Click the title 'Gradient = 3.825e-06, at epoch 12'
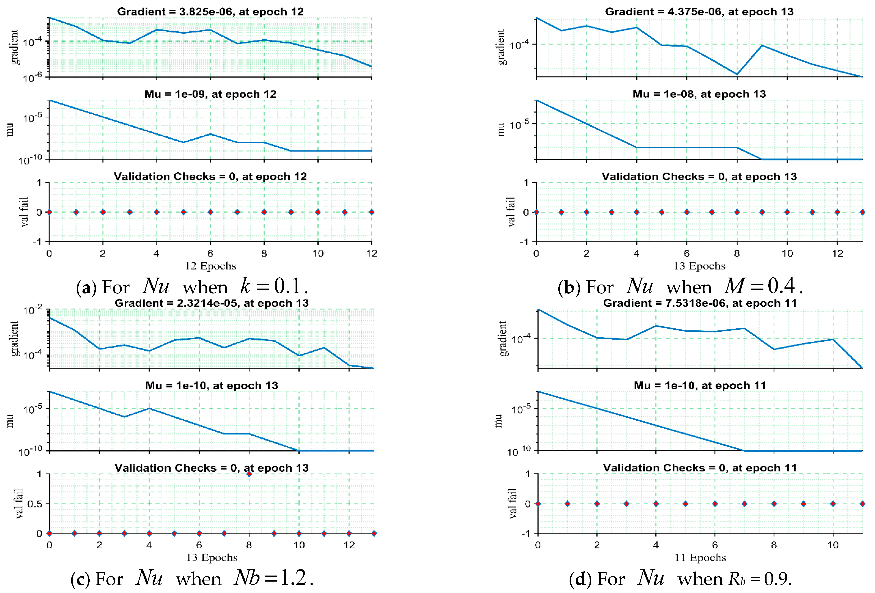click(x=210, y=12)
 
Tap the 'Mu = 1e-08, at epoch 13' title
click(x=699, y=94)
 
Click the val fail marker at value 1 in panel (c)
click(x=249, y=474)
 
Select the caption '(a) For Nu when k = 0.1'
click(x=192, y=287)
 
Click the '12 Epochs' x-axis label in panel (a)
click(x=210, y=266)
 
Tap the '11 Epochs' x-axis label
click(x=700, y=557)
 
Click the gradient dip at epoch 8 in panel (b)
click(x=737, y=74)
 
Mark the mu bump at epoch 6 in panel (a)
click(x=210, y=134)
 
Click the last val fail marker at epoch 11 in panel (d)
click(x=862, y=503)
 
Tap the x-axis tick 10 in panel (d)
click(x=833, y=545)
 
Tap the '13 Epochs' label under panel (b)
click(x=699, y=266)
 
